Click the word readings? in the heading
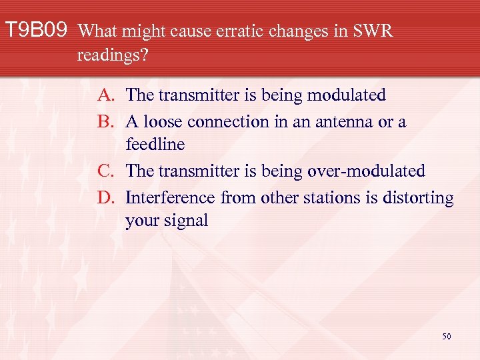pyautogui.click(x=113, y=55)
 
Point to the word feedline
pyautogui.click(x=155, y=145)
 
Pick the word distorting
pyautogui.click(x=415, y=199)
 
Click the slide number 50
pyautogui.click(x=446, y=337)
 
